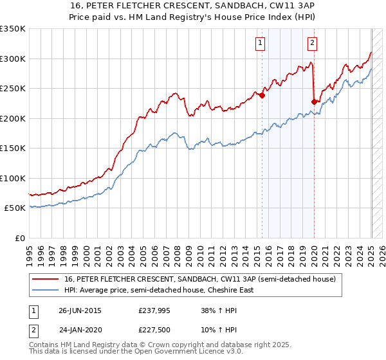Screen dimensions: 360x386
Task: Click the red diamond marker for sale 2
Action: tap(314, 102)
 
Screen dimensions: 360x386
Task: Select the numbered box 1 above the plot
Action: tap(260, 44)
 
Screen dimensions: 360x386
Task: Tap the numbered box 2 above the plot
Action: tap(312, 44)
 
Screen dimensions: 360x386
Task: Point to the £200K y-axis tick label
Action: tap(13, 118)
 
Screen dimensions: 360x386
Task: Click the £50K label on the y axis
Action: tap(15, 208)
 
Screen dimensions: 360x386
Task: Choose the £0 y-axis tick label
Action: tap(20, 238)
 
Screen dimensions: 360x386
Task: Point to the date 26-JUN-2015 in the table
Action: tap(80, 310)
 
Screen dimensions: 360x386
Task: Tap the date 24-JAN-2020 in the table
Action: tap(80, 330)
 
